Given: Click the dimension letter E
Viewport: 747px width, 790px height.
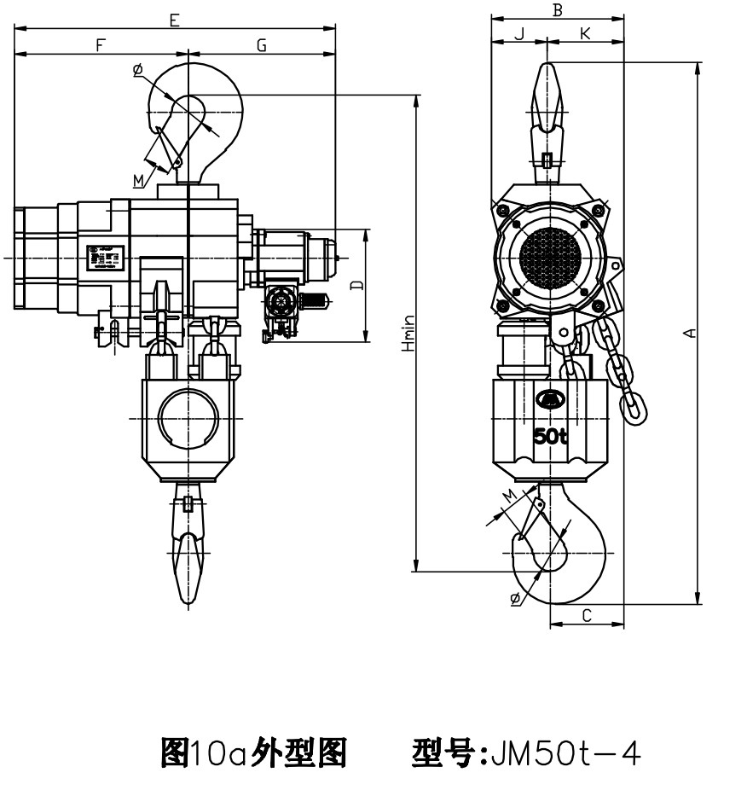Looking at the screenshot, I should point(174,19).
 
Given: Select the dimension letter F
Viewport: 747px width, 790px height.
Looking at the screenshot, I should point(101,45).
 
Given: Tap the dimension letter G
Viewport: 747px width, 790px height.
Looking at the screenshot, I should point(262,45).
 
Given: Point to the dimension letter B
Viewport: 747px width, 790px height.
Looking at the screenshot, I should point(558,10).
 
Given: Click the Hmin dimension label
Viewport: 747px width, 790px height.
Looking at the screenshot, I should point(409,334).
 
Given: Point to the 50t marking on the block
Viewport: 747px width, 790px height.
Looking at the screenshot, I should point(550,436).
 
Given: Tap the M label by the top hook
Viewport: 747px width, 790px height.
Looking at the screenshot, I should point(139,179).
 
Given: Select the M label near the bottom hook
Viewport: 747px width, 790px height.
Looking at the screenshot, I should point(509,495).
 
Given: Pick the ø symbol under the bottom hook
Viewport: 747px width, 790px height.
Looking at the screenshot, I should point(515,599).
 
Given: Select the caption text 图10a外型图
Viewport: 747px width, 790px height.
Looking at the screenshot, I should point(253,752).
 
